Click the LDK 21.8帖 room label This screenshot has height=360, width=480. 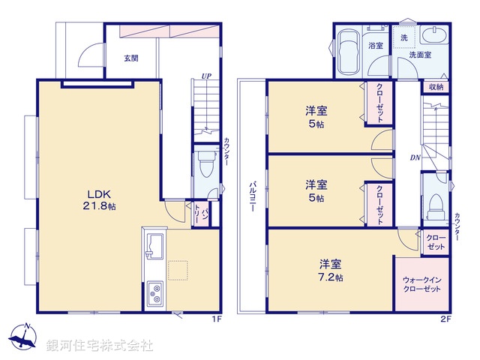tap(99, 196)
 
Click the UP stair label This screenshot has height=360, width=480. tap(205, 75)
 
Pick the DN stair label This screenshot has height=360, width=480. tap(415, 157)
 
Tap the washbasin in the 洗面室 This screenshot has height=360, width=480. tap(433, 37)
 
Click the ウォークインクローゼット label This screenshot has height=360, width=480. tap(422, 285)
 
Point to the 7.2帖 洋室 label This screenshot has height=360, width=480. tap(330, 271)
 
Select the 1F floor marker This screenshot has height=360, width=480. tap(214, 319)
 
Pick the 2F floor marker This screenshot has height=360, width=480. tap(445, 319)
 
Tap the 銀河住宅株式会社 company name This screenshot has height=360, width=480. tap(100, 346)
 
